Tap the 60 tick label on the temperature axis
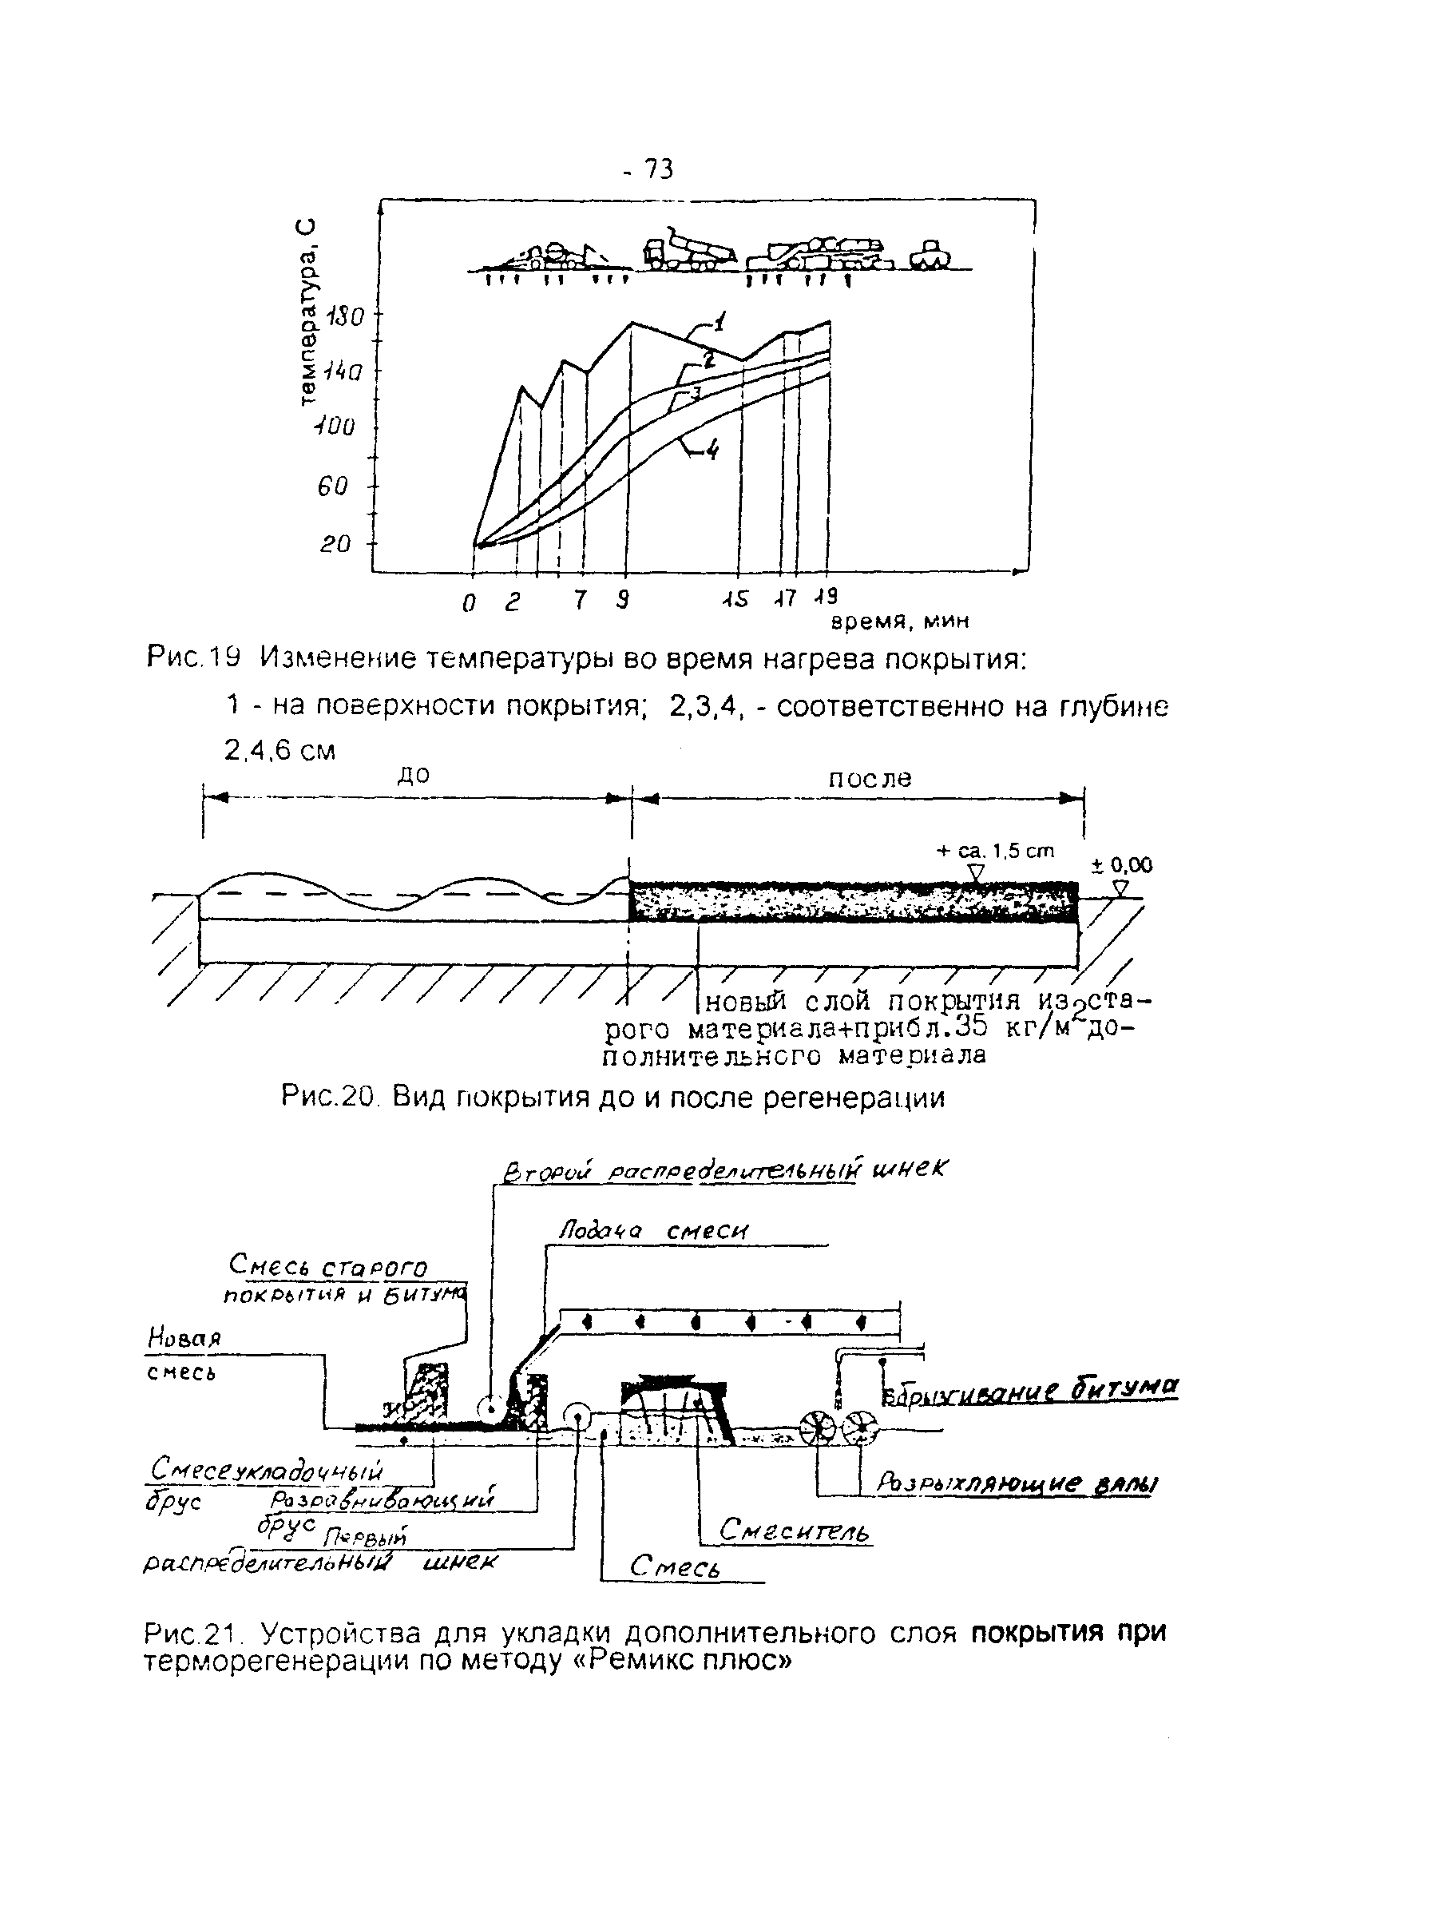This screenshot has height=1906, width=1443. click(332, 486)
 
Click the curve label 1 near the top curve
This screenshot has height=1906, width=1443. click(720, 323)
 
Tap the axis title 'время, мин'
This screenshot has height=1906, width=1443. click(900, 621)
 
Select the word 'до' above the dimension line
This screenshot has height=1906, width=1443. click(414, 776)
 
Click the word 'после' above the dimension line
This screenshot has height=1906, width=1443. click(870, 779)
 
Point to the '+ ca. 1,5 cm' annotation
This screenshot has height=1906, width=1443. click(995, 852)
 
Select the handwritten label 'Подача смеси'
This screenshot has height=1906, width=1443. click(654, 1231)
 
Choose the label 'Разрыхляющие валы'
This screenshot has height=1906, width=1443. click(1017, 1483)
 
